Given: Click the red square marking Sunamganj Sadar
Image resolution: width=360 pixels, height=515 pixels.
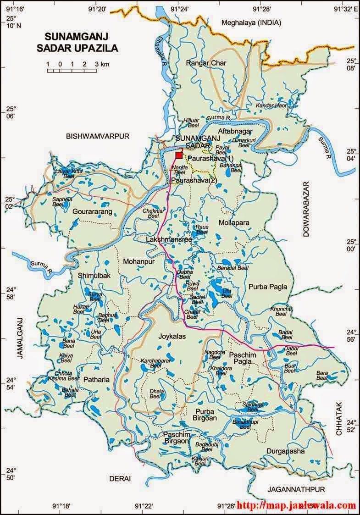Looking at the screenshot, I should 179,155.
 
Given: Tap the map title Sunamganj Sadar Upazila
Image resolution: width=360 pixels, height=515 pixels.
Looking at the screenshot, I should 82,42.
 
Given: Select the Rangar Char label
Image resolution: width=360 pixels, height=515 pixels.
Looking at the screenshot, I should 206,63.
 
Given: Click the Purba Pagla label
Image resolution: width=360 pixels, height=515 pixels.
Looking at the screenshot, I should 268,287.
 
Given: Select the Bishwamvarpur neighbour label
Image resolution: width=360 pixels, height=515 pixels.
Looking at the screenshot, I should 99,136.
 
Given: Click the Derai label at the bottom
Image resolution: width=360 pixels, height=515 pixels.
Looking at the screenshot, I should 120,478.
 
